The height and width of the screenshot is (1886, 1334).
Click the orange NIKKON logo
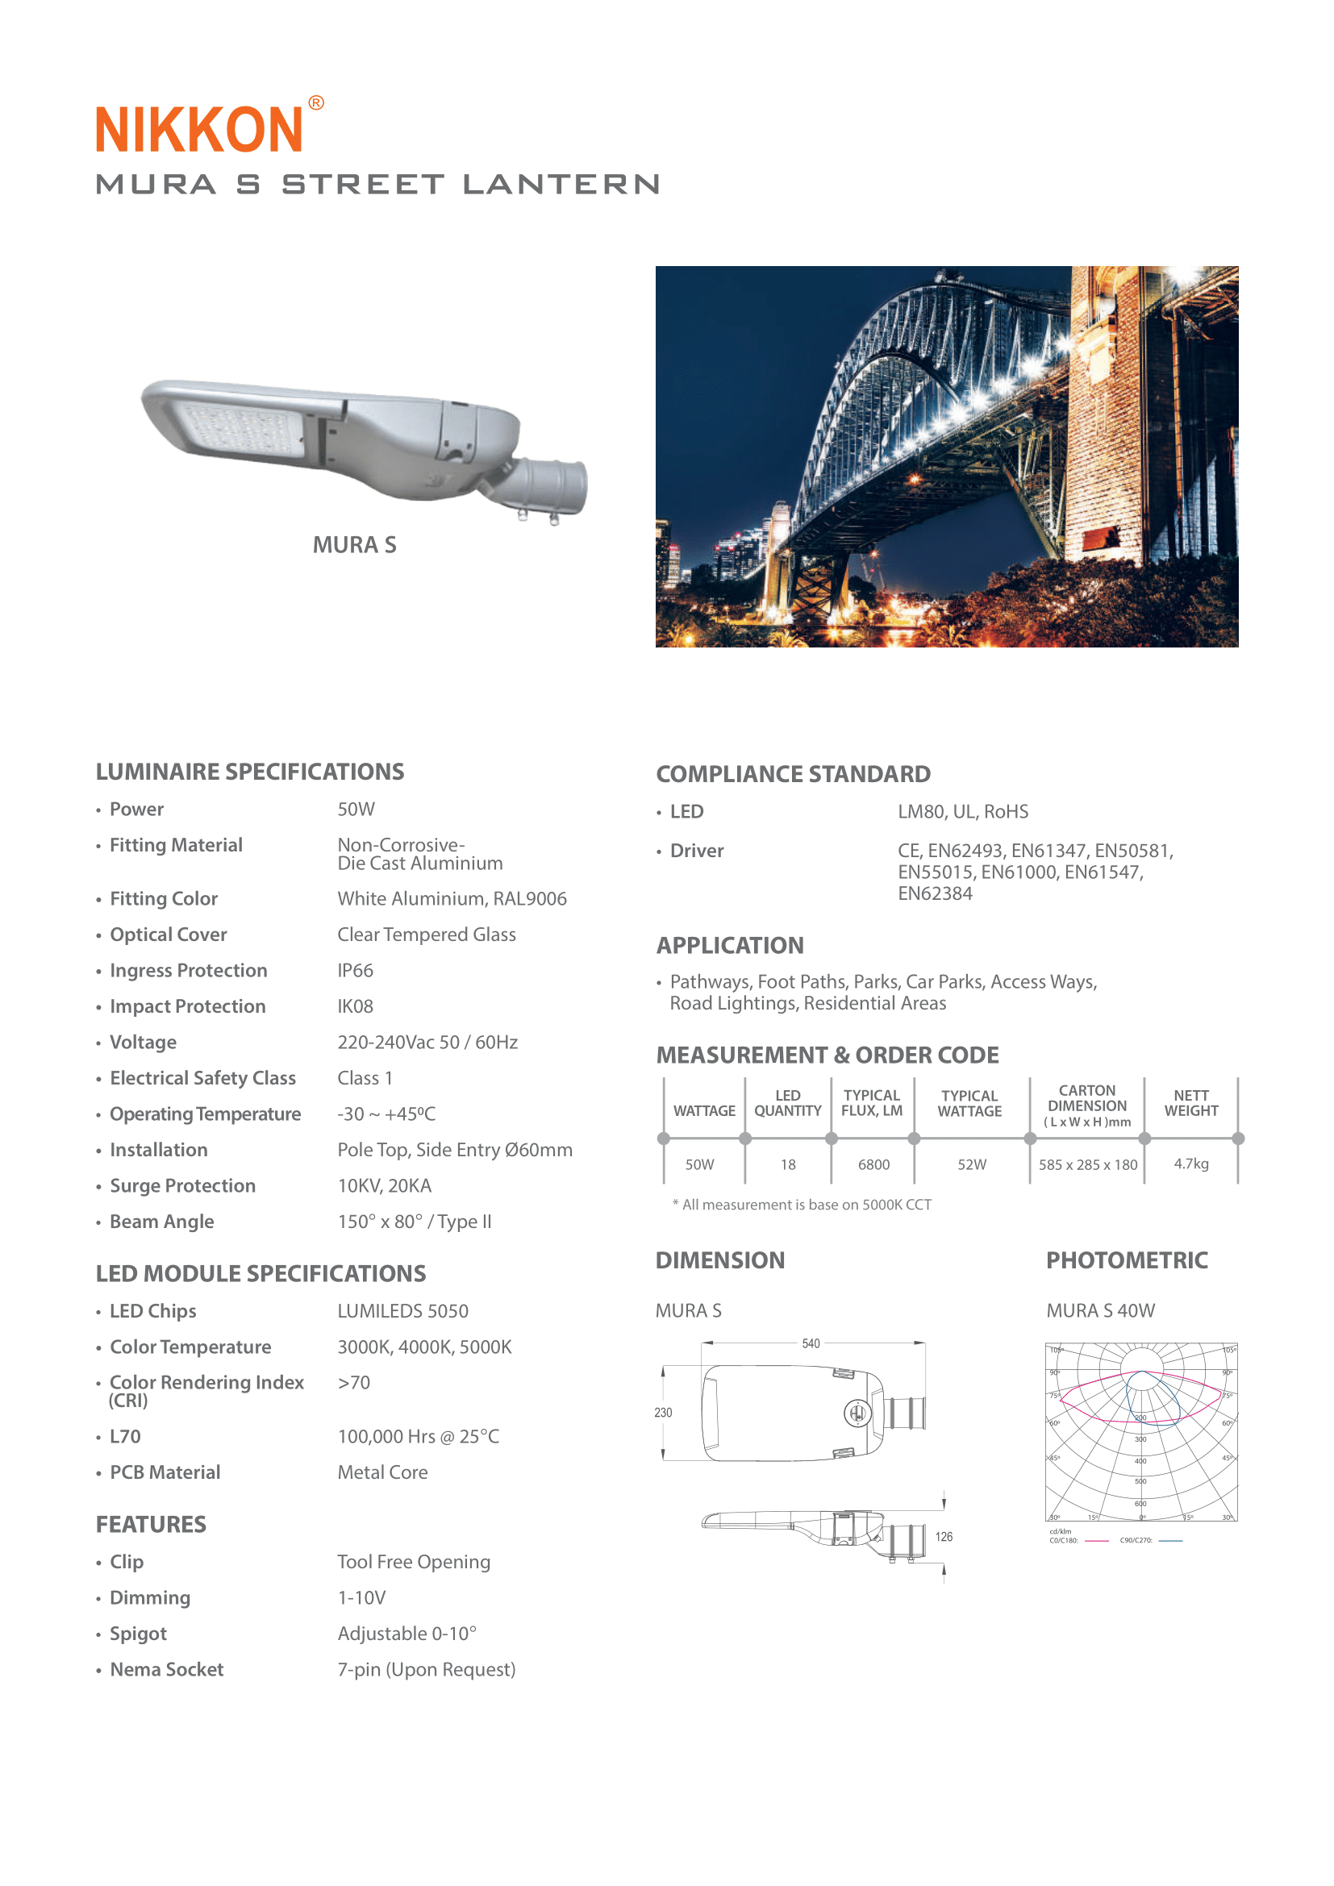tap(198, 129)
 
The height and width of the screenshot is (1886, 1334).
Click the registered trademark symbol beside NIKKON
tap(316, 102)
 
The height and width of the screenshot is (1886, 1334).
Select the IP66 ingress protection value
tap(355, 970)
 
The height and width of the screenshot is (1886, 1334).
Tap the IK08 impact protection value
tap(355, 1006)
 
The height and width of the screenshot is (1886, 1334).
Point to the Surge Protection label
tap(182, 1185)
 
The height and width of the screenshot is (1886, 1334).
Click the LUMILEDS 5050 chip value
tap(402, 1311)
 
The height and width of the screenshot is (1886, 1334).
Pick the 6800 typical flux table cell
tap(873, 1164)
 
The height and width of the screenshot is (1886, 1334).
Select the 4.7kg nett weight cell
tap(1191, 1164)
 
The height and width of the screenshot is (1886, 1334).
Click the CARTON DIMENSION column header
tap(1086, 1105)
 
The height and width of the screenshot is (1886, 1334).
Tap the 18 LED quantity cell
tap(788, 1164)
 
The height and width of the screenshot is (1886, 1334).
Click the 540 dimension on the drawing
tap(811, 1343)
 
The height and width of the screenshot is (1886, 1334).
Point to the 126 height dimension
tap(944, 1536)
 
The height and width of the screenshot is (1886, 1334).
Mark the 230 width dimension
tap(663, 1412)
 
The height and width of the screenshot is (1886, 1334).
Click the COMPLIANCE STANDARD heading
tap(793, 774)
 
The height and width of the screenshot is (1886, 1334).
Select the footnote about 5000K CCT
tap(802, 1204)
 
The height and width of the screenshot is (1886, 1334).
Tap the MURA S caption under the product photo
tap(354, 544)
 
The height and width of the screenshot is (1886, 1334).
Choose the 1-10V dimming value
tap(361, 1597)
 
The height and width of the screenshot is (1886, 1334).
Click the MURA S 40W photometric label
tap(1100, 1310)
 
